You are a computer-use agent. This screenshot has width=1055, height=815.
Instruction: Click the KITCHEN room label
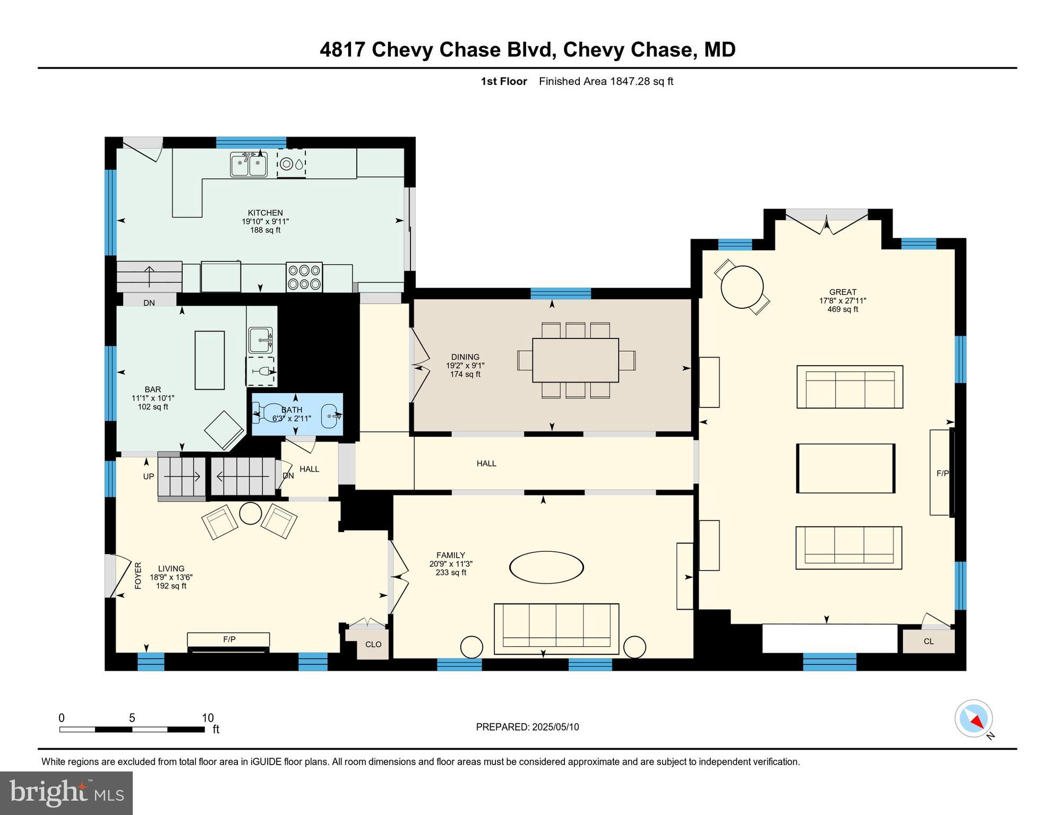(265, 213)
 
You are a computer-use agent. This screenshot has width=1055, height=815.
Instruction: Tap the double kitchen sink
(248, 164)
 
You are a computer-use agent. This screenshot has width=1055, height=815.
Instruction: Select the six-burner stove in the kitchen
(304, 277)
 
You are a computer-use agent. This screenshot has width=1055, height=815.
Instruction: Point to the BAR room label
(153, 389)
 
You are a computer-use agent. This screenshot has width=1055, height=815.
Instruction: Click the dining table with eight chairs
(576, 360)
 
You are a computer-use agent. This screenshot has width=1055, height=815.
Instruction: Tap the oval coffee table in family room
(546, 567)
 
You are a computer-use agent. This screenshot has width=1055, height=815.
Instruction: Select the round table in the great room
(742, 287)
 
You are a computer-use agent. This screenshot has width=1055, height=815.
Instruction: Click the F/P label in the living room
(229, 640)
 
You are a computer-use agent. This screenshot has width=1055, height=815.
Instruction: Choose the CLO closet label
(373, 644)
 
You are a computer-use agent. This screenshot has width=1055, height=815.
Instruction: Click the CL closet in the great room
(928, 641)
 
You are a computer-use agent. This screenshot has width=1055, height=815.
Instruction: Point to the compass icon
(974, 718)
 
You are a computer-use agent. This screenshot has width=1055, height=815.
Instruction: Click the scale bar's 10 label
(208, 718)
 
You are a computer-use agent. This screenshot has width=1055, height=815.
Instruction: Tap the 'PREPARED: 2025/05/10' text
(527, 727)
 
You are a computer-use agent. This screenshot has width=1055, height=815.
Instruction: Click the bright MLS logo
(66, 793)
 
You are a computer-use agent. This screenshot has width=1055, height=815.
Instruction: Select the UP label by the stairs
(149, 476)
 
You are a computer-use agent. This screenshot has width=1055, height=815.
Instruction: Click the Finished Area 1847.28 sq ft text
(606, 81)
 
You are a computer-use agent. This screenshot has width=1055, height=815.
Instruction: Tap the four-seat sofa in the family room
(556, 629)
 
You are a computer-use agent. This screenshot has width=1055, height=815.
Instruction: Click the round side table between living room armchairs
(251, 513)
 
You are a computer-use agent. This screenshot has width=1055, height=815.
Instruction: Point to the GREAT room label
(843, 292)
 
